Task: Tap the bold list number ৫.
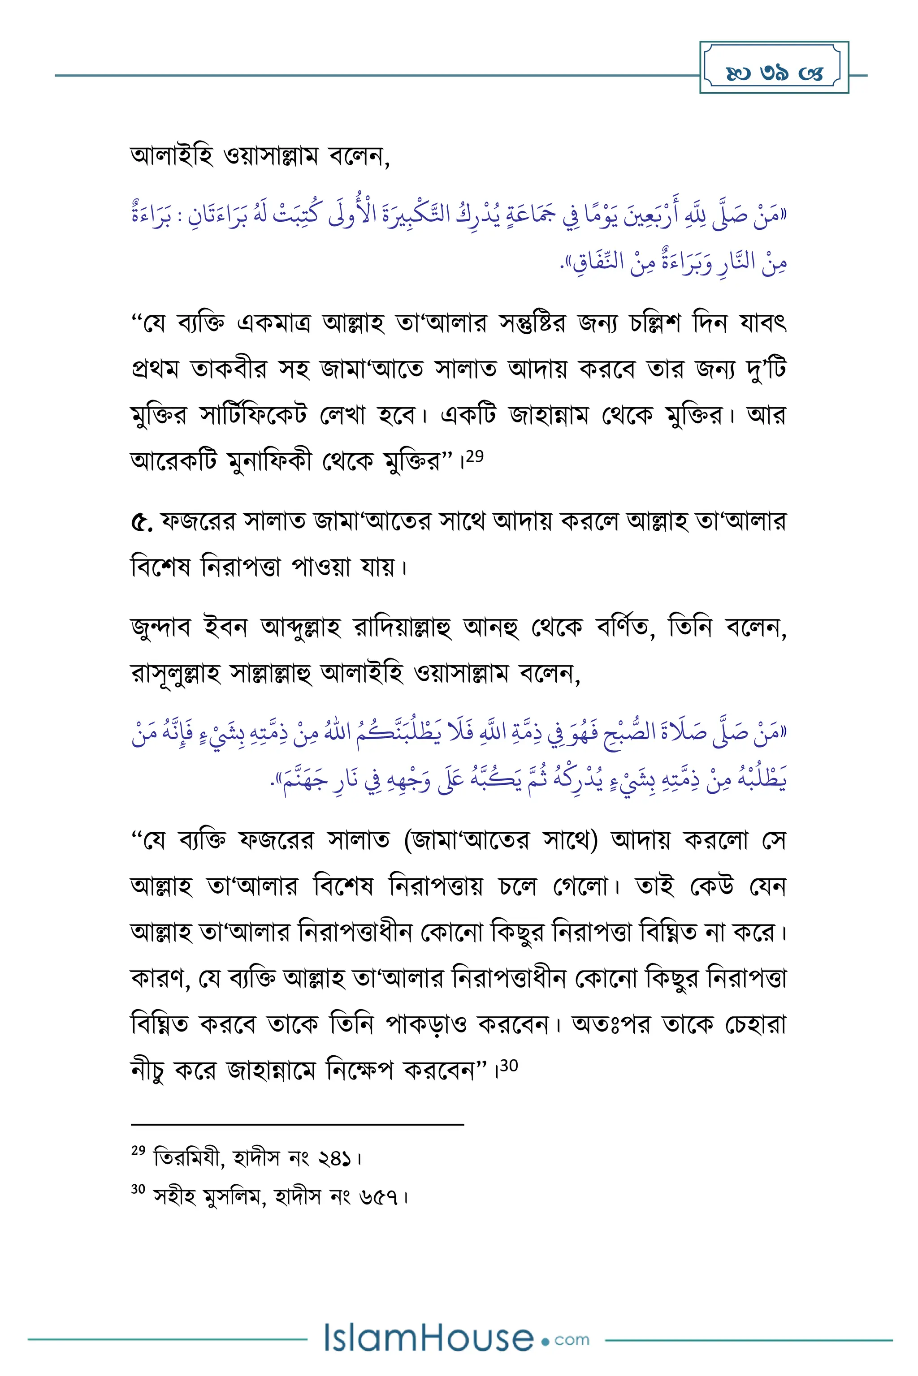(x=141, y=522)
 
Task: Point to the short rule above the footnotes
(x=298, y=1123)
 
